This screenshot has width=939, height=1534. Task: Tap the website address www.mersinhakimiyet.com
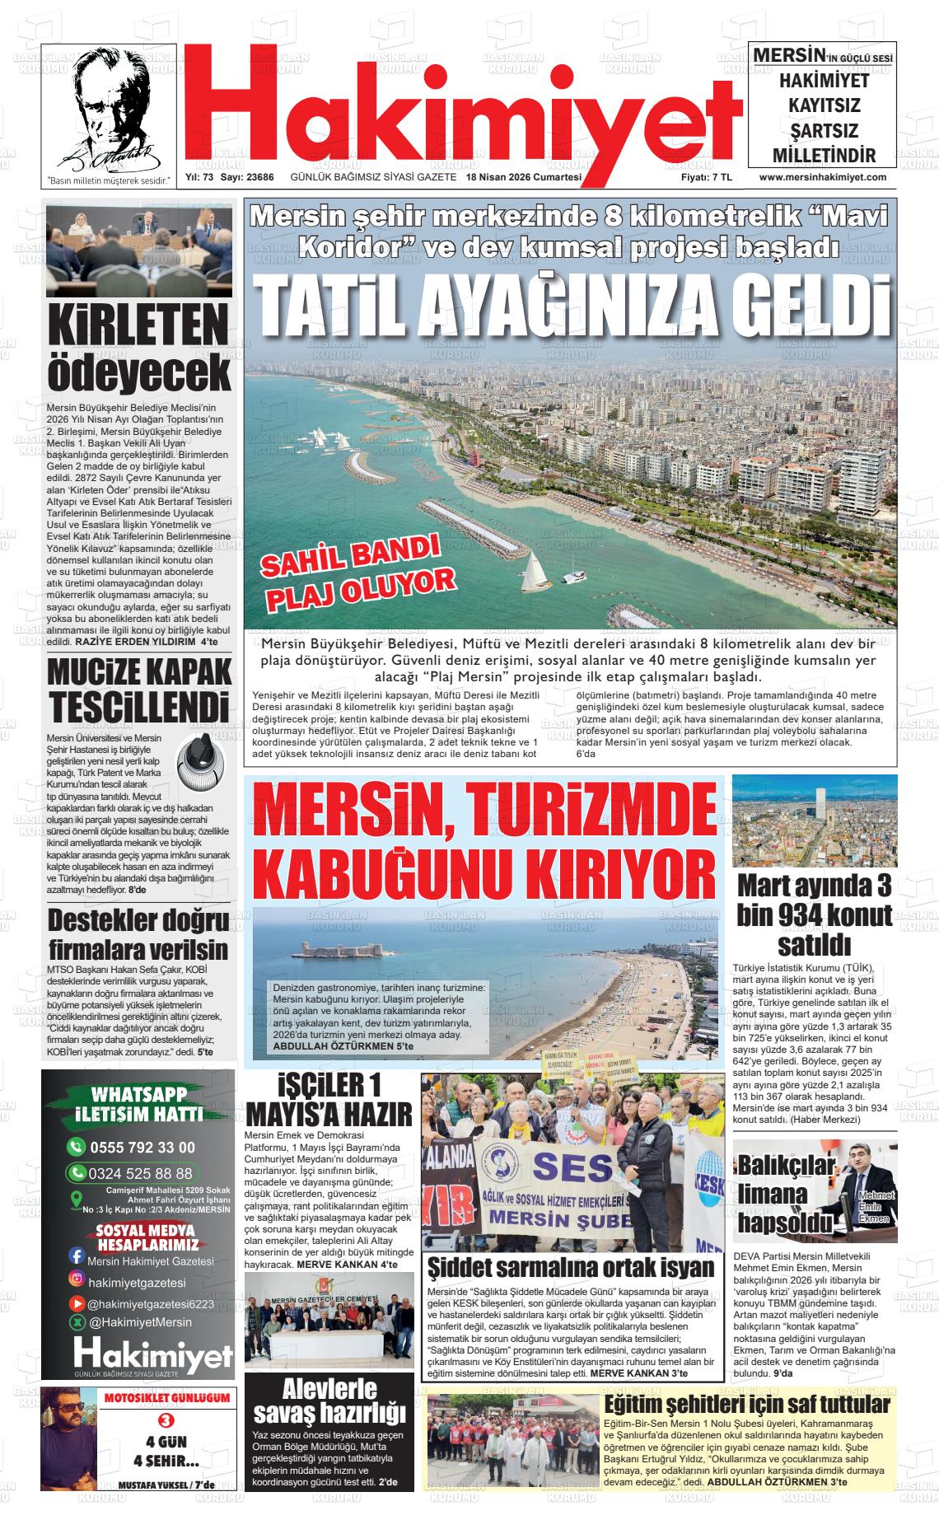(822, 177)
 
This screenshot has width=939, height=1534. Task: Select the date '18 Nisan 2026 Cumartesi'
(523, 178)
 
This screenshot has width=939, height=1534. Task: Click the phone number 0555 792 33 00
(142, 1147)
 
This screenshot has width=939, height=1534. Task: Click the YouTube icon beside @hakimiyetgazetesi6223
(76, 1304)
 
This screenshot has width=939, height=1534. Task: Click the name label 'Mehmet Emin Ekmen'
(874, 1206)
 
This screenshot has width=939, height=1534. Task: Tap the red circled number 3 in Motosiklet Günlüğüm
(166, 1419)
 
